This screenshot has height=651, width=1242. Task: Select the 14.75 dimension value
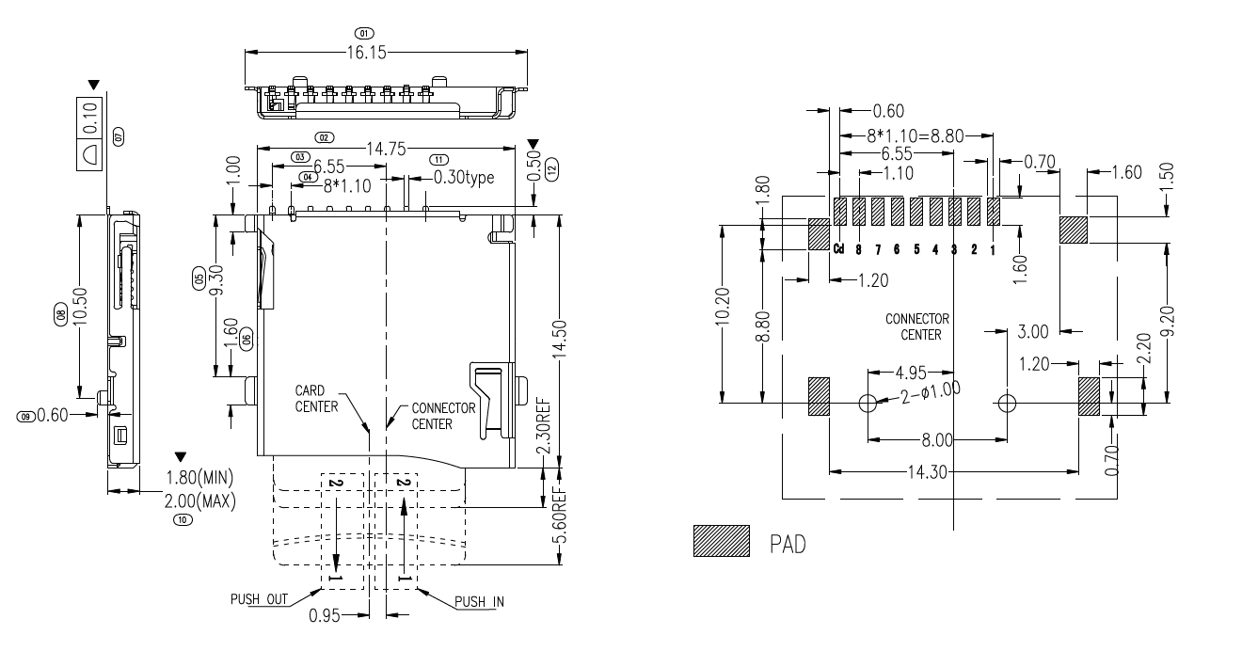tap(385, 148)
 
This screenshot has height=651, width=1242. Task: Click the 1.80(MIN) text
tap(199, 476)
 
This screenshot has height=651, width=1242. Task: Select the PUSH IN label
tap(478, 602)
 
